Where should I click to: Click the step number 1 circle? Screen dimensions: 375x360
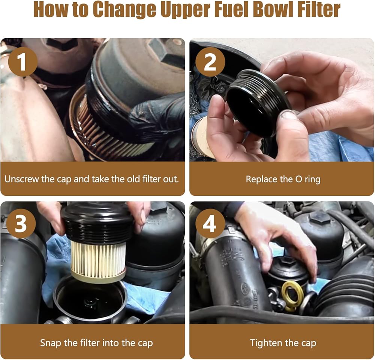tap(23, 62)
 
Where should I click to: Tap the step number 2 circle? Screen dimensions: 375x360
tap(210, 62)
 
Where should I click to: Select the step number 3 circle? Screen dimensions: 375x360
tap(21, 224)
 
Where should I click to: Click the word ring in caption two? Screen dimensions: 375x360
tap(312, 180)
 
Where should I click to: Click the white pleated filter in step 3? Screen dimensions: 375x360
tap(99, 259)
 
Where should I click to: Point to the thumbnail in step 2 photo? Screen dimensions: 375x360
tap(288, 115)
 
